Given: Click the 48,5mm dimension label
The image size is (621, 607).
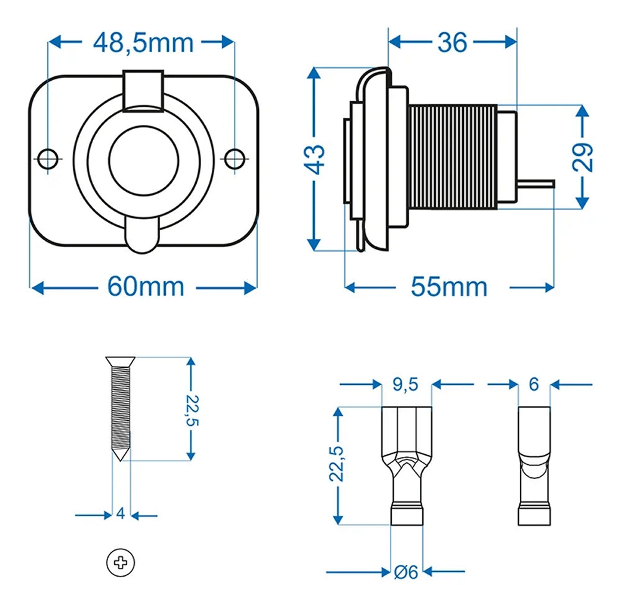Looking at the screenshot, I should (x=143, y=42).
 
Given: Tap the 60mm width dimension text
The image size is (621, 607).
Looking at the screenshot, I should (x=145, y=287).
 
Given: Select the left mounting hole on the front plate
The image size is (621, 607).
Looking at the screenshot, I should (x=48, y=158).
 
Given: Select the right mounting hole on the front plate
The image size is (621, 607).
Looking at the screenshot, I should (x=234, y=158).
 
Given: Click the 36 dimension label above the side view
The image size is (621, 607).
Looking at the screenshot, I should (x=451, y=42).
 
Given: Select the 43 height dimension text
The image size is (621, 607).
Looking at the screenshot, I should (x=315, y=160).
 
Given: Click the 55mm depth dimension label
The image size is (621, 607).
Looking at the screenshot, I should (x=449, y=287).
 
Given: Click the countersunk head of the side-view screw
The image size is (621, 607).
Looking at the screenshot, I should (x=120, y=361).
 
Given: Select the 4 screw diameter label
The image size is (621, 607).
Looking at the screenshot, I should (x=120, y=514).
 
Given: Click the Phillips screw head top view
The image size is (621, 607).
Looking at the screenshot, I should (x=120, y=563).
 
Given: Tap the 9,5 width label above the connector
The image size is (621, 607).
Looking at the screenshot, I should (x=406, y=385).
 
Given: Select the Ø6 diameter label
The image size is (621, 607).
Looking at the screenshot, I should (x=406, y=572).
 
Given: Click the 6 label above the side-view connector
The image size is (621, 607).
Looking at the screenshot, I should (x=533, y=385).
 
